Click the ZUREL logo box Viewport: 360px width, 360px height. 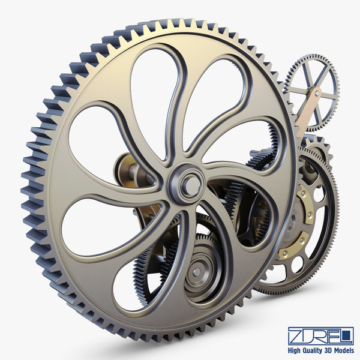click(x=320, y=335)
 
